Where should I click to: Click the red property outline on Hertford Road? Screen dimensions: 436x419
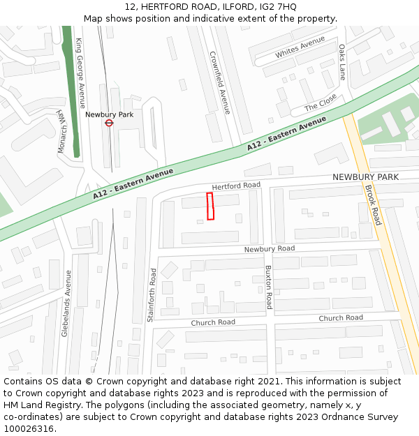point(210,206)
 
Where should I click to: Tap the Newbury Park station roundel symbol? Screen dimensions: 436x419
point(109,123)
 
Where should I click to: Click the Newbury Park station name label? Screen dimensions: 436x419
point(109,114)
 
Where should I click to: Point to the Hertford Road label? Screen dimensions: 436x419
point(236,186)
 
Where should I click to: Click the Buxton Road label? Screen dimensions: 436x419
point(269,287)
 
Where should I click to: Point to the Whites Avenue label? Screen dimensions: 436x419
point(300,49)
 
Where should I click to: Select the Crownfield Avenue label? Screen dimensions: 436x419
point(220,82)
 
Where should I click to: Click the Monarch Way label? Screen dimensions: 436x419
point(61,132)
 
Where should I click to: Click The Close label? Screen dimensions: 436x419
point(321,103)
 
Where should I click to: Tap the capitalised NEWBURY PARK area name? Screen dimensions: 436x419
point(365,177)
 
